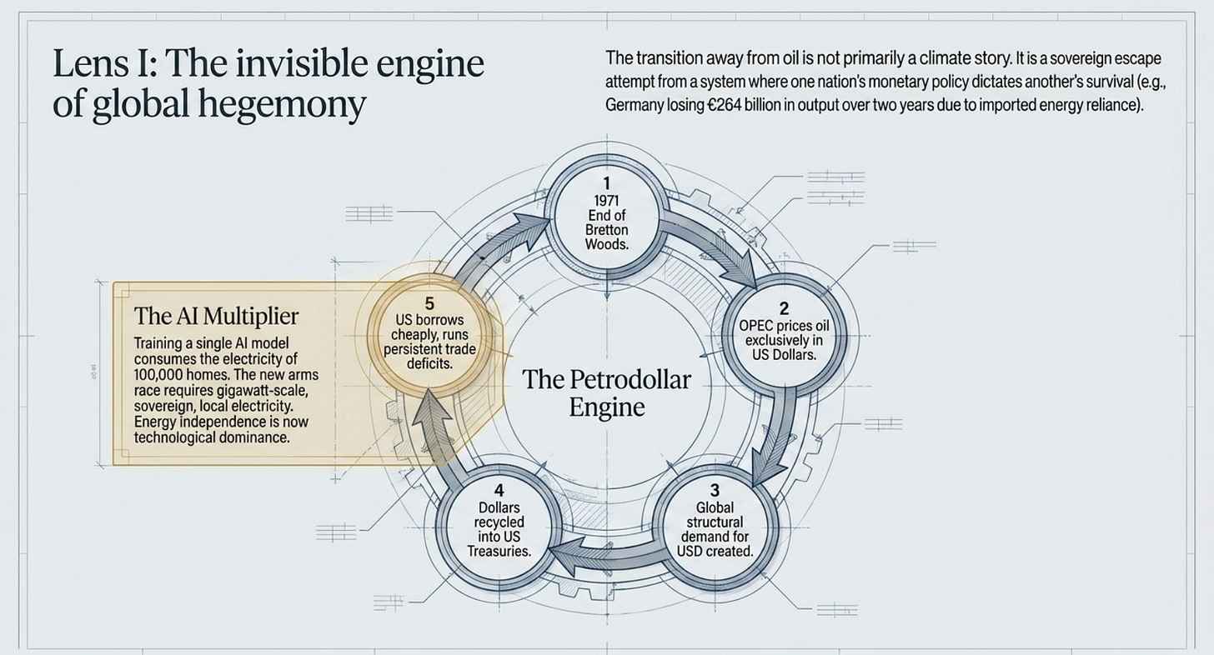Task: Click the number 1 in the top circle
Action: pyautogui.click(x=606, y=183)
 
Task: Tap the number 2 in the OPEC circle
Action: pyautogui.click(x=784, y=309)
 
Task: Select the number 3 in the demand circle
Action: pyautogui.click(x=715, y=490)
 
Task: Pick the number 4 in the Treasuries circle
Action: pyautogui.click(x=499, y=490)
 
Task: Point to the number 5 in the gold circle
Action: pyautogui.click(x=429, y=303)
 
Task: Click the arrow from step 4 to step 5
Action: pyautogui.click(x=436, y=433)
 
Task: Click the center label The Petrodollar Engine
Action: pyautogui.click(x=606, y=393)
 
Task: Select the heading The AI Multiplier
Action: pyautogui.click(x=216, y=316)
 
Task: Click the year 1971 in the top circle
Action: pyautogui.click(x=606, y=201)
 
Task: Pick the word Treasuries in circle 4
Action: pyautogui.click(x=499, y=552)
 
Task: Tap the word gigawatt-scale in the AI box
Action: pyautogui.click(x=262, y=391)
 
